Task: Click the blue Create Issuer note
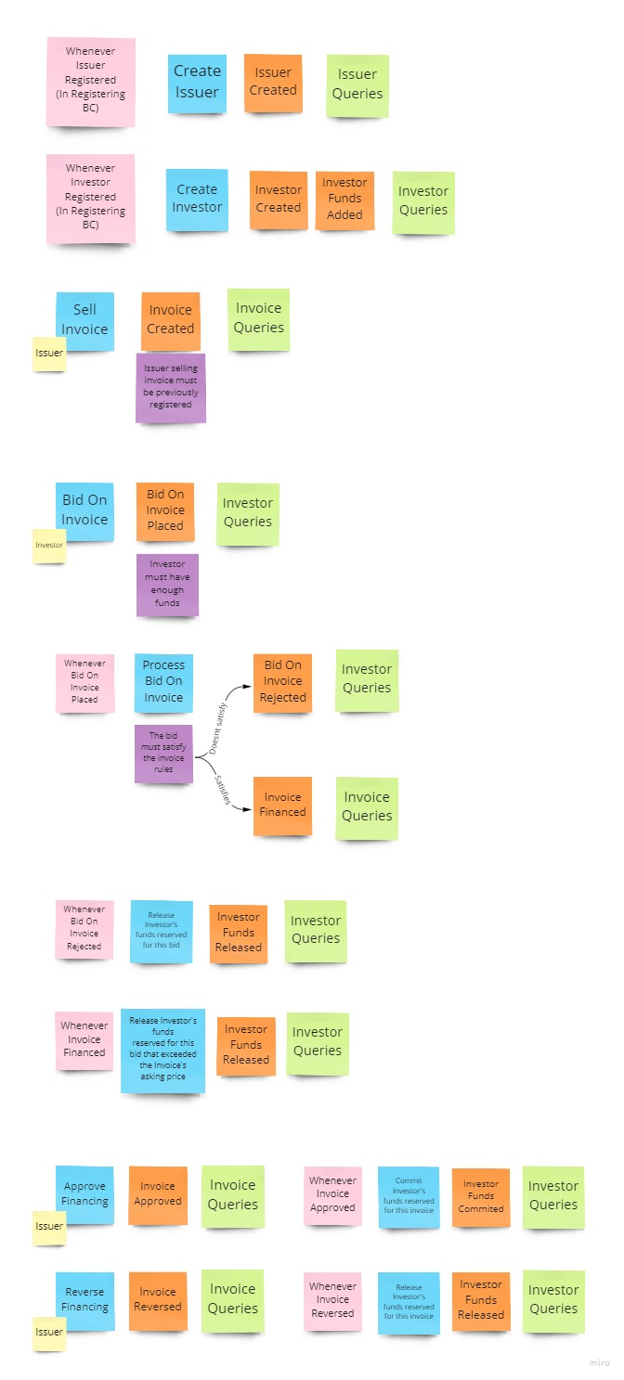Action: click(197, 83)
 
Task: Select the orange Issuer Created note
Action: click(273, 83)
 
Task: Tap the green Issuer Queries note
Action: click(357, 84)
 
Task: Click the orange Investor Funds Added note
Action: click(344, 200)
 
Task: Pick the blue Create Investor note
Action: click(197, 199)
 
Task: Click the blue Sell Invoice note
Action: click(84, 320)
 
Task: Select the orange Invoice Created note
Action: click(171, 320)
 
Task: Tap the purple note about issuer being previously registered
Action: click(171, 387)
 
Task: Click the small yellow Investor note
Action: click(49, 546)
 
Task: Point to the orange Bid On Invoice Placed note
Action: click(165, 510)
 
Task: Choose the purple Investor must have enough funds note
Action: click(167, 584)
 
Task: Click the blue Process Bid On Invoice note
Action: click(163, 682)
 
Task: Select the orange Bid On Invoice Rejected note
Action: click(282, 682)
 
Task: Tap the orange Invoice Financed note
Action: click(282, 805)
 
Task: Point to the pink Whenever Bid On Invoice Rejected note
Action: click(84, 928)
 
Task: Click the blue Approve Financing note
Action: click(84, 1194)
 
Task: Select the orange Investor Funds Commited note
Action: click(481, 1197)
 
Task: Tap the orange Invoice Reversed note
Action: click(158, 1300)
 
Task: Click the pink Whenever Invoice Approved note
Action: click(332, 1194)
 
